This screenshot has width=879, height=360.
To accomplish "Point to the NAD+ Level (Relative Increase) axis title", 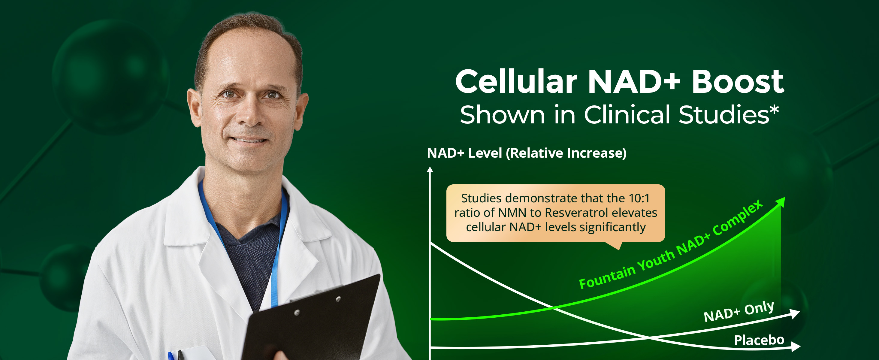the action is (x=527, y=153).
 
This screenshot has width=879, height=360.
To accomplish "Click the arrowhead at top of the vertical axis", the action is (x=430, y=170).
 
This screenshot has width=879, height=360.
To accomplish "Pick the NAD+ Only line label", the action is (x=739, y=311).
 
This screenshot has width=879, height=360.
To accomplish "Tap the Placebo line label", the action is (x=759, y=340).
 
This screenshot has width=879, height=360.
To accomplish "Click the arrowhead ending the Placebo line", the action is (x=796, y=347).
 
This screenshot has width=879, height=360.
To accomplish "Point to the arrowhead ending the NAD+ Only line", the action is (x=795, y=314).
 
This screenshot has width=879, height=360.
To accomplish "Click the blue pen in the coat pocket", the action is (x=171, y=355).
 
